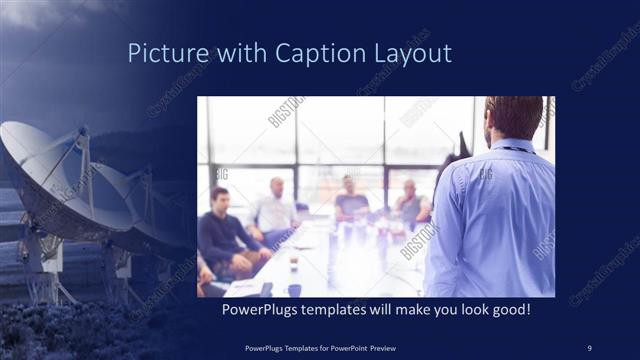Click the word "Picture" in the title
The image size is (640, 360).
166,53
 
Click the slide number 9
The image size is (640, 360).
589,347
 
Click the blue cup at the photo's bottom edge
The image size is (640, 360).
294,291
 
